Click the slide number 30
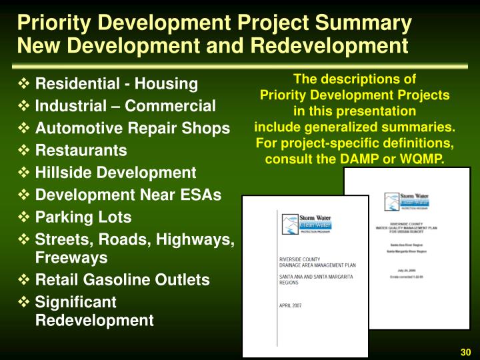pyautogui.click(x=465, y=352)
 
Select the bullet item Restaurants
pyautogui.click(x=81, y=150)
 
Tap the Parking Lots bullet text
pyautogui.click(x=83, y=217)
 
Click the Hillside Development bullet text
pyautogui.click(x=115, y=173)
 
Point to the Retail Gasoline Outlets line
pyautogui.click(x=122, y=279)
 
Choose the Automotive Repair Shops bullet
pyautogui.click(x=132, y=128)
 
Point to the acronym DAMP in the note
pyautogui.click(x=363, y=160)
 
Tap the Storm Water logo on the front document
pyautogui.click(x=307, y=225)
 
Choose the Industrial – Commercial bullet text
pyautogui.click(x=125, y=106)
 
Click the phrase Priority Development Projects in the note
pyautogui.click(x=354, y=95)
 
